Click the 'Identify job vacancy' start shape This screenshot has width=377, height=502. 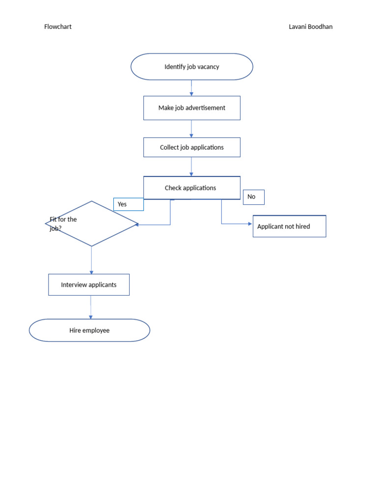click(x=191, y=67)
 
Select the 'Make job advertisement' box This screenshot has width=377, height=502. click(x=191, y=108)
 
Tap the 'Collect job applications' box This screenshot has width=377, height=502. click(x=191, y=147)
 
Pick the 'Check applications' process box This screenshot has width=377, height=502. click(x=191, y=188)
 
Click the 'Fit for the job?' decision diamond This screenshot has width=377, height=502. click(x=92, y=224)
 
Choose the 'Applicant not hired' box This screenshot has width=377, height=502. click(x=289, y=226)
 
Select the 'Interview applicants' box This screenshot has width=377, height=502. click(x=89, y=285)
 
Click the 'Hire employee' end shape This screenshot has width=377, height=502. click(x=89, y=330)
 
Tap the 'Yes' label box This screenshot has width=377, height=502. click(x=128, y=204)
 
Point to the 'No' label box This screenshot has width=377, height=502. click(x=253, y=197)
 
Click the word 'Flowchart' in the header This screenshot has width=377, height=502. click(x=58, y=27)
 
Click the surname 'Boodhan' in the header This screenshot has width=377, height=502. click(x=320, y=27)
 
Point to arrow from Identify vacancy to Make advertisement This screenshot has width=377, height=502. click(x=191, y=88)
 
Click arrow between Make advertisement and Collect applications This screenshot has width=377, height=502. click(x=191, y=128)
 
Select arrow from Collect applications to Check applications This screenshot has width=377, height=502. click(x=191, y=167)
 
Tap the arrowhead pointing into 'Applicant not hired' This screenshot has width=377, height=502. click(x=250, y=224)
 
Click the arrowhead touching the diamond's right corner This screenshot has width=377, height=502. click(x=138, y=225)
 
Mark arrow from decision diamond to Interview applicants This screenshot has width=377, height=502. click(x=91, y=260)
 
